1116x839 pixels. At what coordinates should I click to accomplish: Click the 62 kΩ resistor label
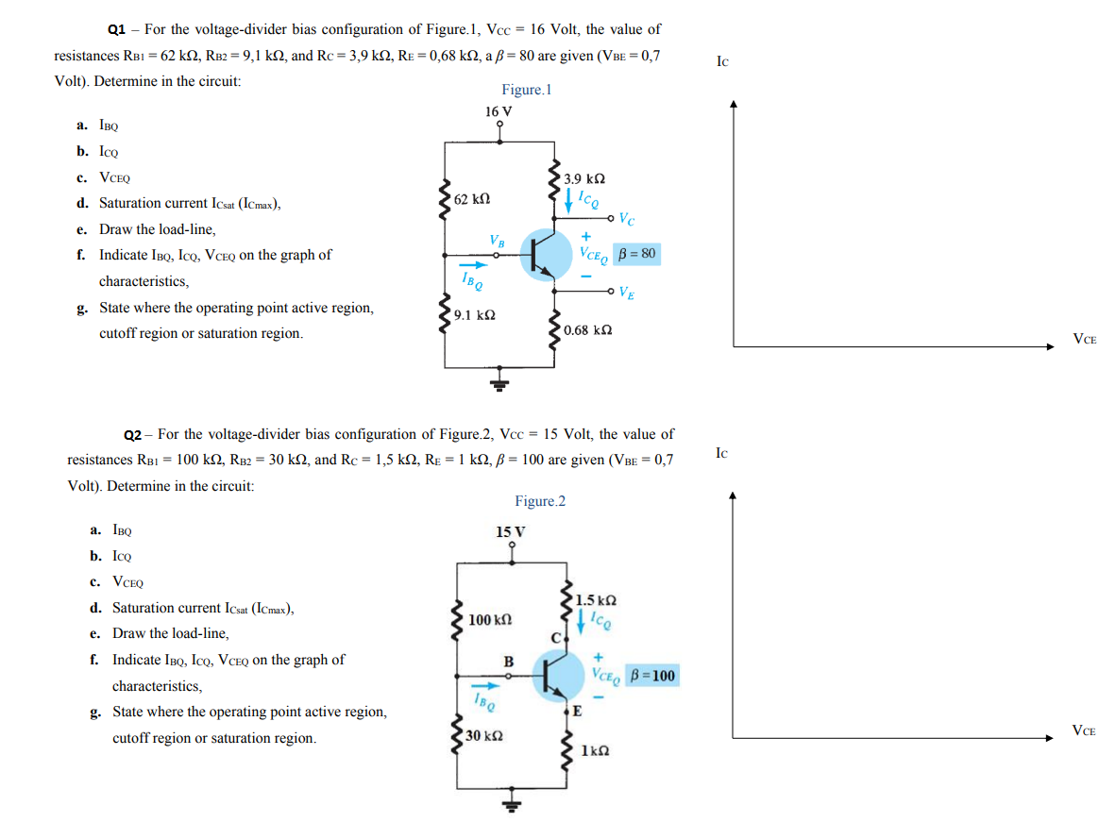(x=471, y=200)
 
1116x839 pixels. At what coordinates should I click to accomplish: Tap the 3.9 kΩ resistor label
(x=583, y=178)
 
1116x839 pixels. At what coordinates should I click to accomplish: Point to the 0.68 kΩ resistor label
(x=587, y=329)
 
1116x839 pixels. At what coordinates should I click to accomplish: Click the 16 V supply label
(x=499, y=111)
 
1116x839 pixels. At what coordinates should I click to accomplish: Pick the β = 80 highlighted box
(x=636, y=254)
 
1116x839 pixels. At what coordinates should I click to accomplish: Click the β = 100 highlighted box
(x=652, y=676)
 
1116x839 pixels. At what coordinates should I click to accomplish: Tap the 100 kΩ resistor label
(x=489, y=620)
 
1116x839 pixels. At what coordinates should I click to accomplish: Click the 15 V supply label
(x=511, y=530)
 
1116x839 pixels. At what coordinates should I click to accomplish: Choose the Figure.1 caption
(x=526, y=90)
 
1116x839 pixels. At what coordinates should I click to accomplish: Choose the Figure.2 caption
(x=540, y=501)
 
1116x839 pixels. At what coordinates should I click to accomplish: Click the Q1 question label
(x=118, y=30)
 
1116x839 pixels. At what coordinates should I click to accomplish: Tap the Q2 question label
(x=133, y=435)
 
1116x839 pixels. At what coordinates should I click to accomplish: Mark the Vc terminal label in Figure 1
(x=626, y=220)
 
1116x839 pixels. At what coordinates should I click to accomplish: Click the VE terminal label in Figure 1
(x=626, y=292)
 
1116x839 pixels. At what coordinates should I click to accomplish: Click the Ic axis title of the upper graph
(x=722, y=62)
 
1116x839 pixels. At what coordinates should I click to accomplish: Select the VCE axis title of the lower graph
(x=1084, y=730)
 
